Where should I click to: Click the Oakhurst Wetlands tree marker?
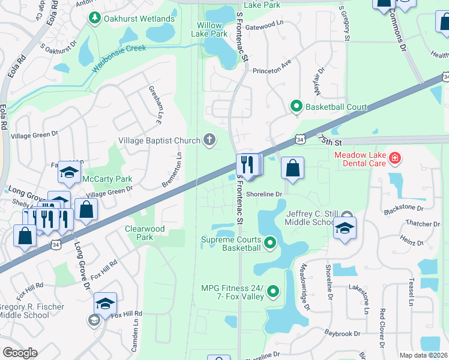point(94,19)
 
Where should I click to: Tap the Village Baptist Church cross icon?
point(209,140)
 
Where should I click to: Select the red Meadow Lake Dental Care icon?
point(395,159)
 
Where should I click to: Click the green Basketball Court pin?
point(296,107)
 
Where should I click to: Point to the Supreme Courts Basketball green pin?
point(270,243)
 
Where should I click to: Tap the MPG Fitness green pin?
point(274,292)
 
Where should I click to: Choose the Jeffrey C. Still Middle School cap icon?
point(345,228)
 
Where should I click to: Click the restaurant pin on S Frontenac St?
point(247,164)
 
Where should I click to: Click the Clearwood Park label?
point(139,233)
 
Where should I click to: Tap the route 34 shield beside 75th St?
point(300,140)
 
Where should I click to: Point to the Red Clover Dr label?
point(382,328)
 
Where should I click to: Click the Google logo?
point(20,353)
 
